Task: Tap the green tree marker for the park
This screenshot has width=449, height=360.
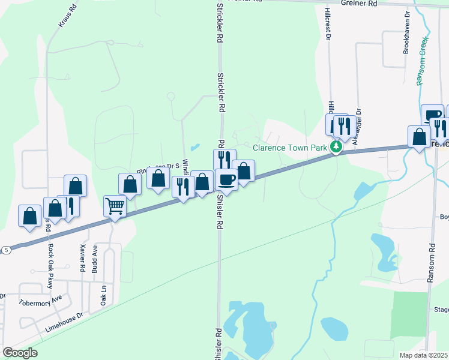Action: click(337, 146)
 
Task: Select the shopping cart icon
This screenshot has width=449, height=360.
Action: click(114, 206)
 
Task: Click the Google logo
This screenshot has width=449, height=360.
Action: click(20, 353)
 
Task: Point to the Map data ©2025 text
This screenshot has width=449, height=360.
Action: click(424, 355)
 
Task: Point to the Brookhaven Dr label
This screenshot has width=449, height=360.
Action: click(406, 31)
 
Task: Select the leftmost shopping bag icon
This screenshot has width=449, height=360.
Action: click(30, 215)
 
